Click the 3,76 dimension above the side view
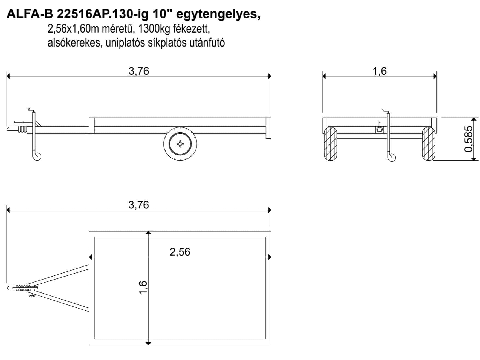(x=139, y=71)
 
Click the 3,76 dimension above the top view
(x=139, y=205)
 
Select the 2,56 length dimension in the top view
(x=180, y=252)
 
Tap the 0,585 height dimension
(x=469, y=139)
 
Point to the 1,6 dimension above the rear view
(x=380, y=71)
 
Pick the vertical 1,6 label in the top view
(x=143, y=288)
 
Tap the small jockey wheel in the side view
(x=37, y=157)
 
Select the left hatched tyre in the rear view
(x=331, y=144)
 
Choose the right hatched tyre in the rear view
(x=429, y=144)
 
